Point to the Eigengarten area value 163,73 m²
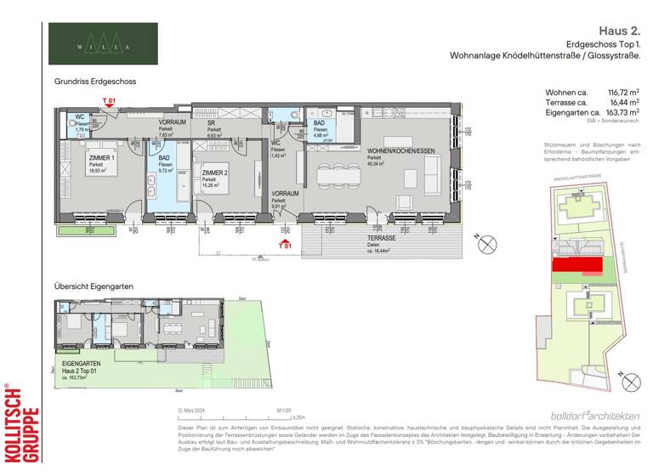point(619,112)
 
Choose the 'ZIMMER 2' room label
point(215,173)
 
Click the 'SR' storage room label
point(211,122)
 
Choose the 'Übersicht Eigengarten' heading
point(94,286)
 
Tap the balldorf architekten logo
point(594,415)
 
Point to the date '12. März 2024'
point(194,410)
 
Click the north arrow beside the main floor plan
point(489,245)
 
